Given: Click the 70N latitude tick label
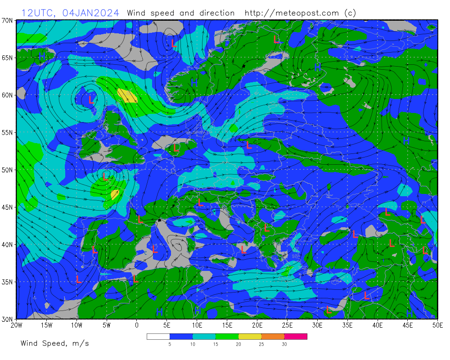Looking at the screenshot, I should pyautogui.click(x=8, y=20).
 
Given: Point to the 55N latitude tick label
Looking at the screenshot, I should pyautogui.click(x=8, y=133).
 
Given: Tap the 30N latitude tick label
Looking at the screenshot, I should pyautogui.click(x=8, y=319).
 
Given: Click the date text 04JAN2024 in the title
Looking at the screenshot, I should pyautogui.click(x=91, y=13).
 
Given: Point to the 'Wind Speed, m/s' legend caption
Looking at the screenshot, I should pyautogui.click(x=54, y=343).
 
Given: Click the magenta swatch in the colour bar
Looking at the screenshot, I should pyautogui.click(x=296, y=336).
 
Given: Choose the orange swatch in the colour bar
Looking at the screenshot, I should pyautogui.click(x=273, y=336).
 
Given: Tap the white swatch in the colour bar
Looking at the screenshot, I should pyautogui.click(x=158, y=336).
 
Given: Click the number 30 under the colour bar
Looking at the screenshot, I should pyautogui.click(x=284, y=344).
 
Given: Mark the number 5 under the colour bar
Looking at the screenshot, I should pyautogui.click(x=170, y=344).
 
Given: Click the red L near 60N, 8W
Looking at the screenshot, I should pyautogui.click(x=91, y=99).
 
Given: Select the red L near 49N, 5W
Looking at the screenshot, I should pyautogui.click(x=105, y=176).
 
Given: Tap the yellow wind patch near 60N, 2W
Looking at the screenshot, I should pyautogui.click(x=127, y=95).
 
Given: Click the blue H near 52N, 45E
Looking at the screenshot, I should pyautogui.click(x=406, y=141).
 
